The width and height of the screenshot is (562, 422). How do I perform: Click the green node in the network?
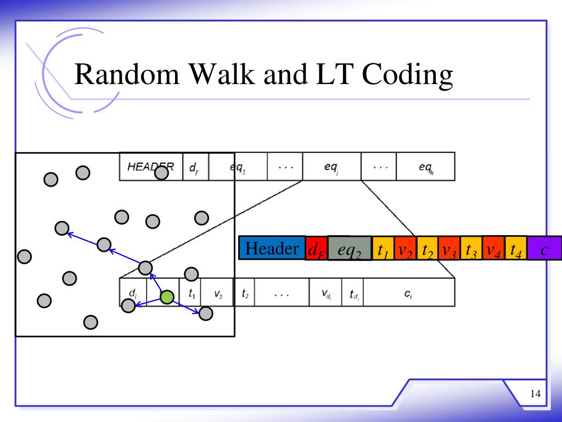(167, 297)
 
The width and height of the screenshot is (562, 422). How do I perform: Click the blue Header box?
(272, 248)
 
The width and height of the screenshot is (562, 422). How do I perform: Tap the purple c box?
(544, 249)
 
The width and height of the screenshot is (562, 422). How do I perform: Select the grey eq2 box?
(350, 250)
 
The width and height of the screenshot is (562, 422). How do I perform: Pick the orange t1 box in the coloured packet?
(383, 249)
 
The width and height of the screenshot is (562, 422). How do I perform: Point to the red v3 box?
(449, 249)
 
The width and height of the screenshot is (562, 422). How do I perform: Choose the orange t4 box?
(516, 249)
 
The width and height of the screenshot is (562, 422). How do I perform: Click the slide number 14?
(536, 393)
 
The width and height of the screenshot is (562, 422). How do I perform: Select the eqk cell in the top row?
(425, 166)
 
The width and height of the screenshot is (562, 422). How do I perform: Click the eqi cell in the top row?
(331, 166)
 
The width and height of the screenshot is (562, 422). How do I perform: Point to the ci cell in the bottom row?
(408, 293)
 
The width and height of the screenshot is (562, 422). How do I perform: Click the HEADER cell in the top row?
(150, 166)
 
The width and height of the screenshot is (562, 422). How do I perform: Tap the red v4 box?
(493, 249)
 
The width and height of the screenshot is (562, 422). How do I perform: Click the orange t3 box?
(471, 249)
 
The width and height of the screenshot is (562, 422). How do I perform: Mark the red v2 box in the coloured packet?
(405, 249)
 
